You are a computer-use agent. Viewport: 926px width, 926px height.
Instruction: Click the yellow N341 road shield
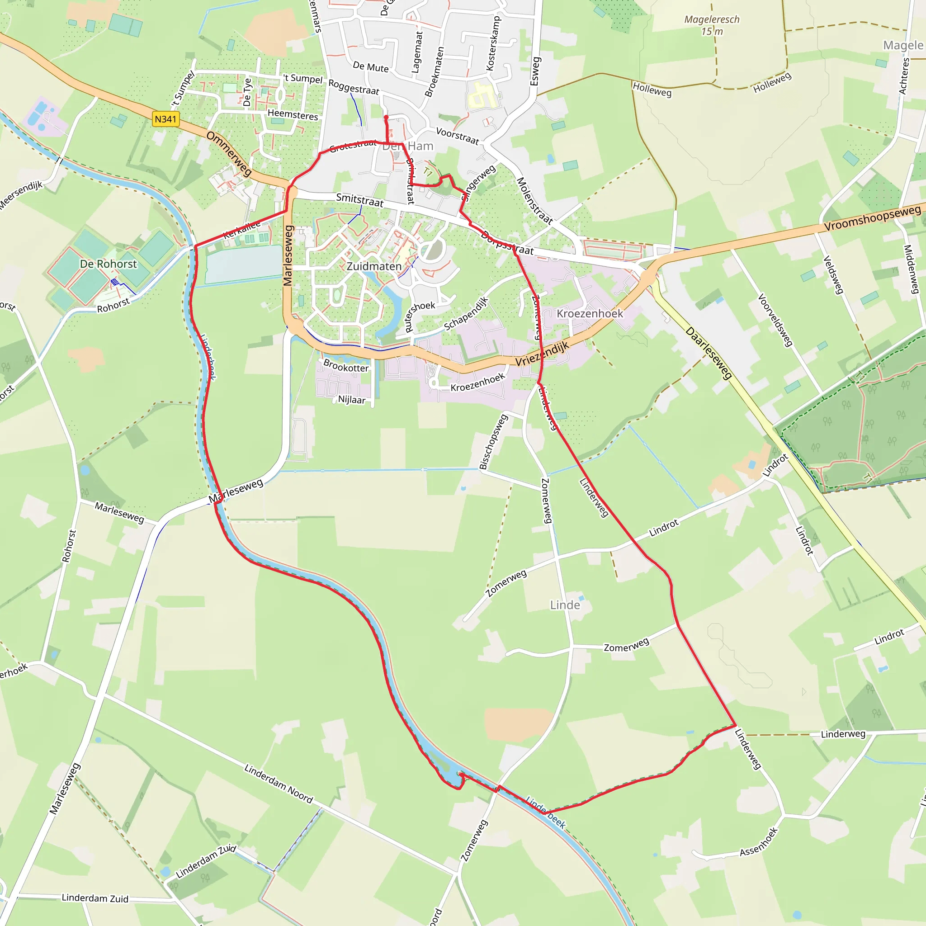(165, 119)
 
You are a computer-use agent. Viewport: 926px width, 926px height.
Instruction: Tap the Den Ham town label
(408, 146)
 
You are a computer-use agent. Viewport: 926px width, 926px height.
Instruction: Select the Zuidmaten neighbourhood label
(374, 266)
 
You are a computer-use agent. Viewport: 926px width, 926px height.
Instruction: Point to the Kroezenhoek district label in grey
(590, 313)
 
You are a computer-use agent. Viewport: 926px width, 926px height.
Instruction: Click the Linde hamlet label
(565, 605)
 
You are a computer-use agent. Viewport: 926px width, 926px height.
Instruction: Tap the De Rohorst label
(109, 264)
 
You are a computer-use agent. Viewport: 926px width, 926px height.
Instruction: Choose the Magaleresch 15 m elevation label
(712, 25)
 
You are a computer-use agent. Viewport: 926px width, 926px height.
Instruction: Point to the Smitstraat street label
(359, 200)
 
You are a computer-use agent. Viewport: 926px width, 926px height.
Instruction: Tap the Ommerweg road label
(229, 154)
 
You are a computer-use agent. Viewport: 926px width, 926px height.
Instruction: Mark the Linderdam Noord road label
(279, 784)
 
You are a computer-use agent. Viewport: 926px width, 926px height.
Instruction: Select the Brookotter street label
(346, 366)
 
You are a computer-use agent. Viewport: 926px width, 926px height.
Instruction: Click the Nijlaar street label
(352, 400)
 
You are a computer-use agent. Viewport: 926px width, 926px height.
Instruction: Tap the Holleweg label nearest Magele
(772, 83)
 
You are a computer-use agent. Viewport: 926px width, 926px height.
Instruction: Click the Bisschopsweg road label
(494, 442)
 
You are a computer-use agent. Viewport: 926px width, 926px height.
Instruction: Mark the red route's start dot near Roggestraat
(386, 118)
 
